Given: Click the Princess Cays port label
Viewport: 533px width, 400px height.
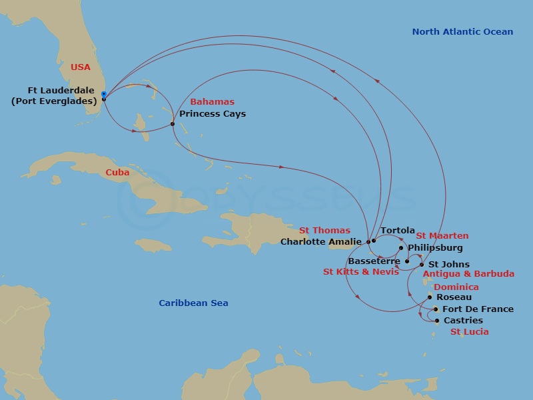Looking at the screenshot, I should point(212,114).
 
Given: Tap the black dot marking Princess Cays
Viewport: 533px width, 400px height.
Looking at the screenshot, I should point(173,124).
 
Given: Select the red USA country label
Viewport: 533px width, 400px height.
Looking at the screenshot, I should point(81,67).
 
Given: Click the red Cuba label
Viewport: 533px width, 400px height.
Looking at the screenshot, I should point(117,172).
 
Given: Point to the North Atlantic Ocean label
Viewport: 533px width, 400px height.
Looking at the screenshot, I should point(462,31).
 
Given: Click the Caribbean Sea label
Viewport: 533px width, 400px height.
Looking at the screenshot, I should point(193,303).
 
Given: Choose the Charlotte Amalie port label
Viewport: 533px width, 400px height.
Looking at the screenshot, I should point(321,241).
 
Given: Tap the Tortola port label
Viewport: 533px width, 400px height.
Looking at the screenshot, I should point(398,231).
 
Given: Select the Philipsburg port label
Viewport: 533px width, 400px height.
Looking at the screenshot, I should point(434,247).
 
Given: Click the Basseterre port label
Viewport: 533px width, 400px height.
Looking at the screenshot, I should point(374,261).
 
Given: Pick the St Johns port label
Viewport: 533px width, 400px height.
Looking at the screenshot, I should point(448,265).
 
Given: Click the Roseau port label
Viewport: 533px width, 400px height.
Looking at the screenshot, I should point(454,297).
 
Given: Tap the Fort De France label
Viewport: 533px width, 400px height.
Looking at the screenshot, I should point(478,309).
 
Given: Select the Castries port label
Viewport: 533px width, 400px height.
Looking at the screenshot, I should point(463,321).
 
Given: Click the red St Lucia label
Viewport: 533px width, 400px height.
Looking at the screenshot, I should point(469,332).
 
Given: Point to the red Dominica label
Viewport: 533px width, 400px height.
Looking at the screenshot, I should point(456,287).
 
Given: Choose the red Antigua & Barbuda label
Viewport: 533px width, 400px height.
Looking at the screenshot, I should point(468,274).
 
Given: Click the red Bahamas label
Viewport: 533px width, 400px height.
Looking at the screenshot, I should point(212,102).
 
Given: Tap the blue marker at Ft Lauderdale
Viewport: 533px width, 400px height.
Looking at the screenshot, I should point(103,95).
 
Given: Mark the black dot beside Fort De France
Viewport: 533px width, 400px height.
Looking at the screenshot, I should point(435,309).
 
